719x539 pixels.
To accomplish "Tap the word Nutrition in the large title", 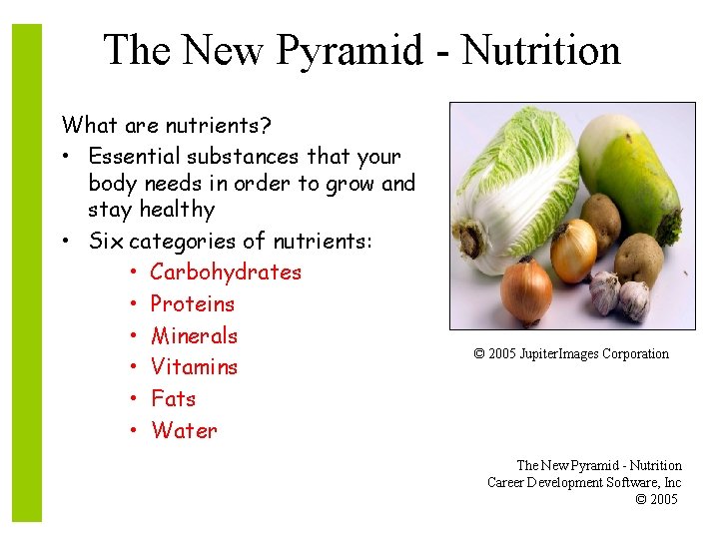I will (541, 50).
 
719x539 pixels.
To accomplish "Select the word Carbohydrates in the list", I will (226, 271).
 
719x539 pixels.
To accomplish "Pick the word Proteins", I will (193, 303).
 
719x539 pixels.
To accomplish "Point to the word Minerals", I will (195, 335).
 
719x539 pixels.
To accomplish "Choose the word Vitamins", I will (195, 366).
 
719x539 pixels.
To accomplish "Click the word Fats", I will (174, 398).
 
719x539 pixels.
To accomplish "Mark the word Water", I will (184, 430).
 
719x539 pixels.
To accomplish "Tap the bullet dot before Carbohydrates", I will (133, 272).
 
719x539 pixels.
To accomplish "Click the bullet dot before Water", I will (133, 431).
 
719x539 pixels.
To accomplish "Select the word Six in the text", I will (106, 241).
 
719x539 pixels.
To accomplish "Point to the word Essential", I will (131, 157).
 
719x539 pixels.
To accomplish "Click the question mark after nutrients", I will (267, 126).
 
